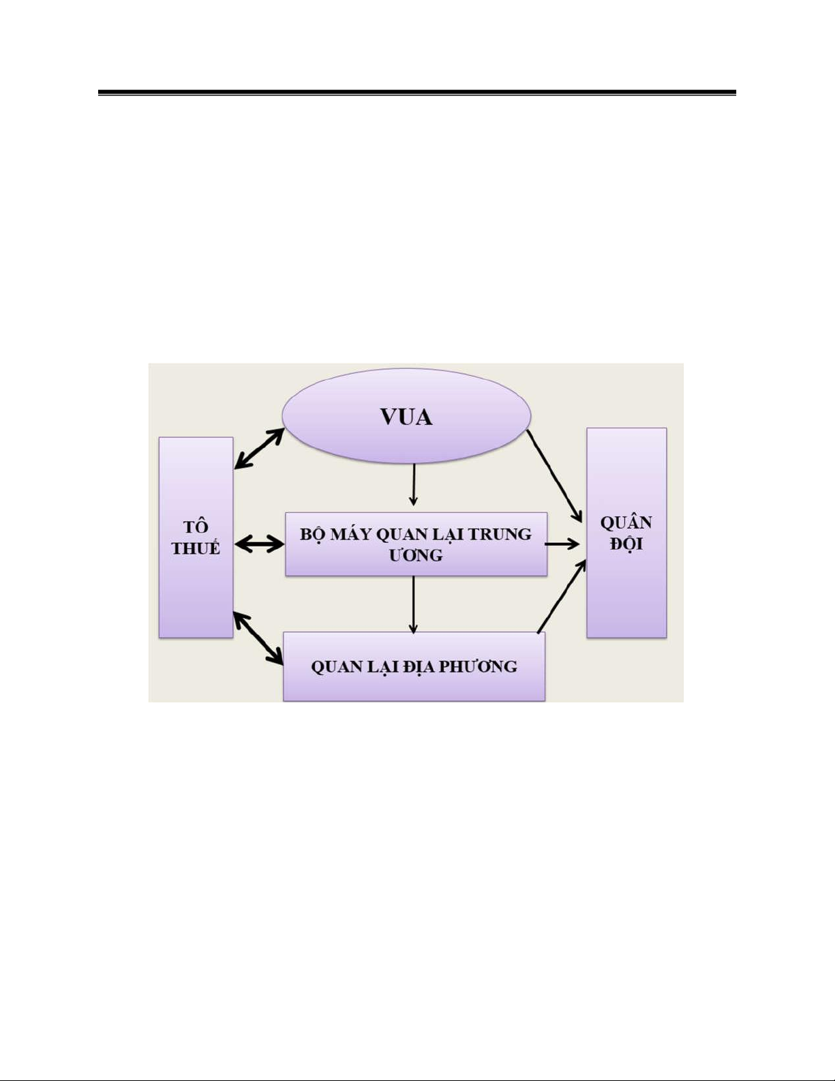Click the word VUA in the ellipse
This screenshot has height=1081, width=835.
tap(406, 417)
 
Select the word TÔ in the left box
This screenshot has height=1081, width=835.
tap(196, 527)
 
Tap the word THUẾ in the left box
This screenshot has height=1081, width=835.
tap(196, 548)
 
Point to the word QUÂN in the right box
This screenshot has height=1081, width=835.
tap(626, 523)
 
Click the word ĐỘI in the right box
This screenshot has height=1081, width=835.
tap(626, 544)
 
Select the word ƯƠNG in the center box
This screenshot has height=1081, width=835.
tap(416, 555)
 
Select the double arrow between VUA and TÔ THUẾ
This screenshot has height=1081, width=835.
tap(258, 449)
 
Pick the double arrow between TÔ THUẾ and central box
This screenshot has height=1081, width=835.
tap(259, 544)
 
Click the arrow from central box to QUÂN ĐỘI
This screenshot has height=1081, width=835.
tap(562, 544)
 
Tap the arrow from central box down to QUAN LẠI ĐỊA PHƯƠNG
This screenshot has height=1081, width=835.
tap(413, 604)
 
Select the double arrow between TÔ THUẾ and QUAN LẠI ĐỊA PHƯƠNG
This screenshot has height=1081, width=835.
tap(258, 638)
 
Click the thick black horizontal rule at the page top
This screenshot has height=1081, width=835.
tap(416, 92)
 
